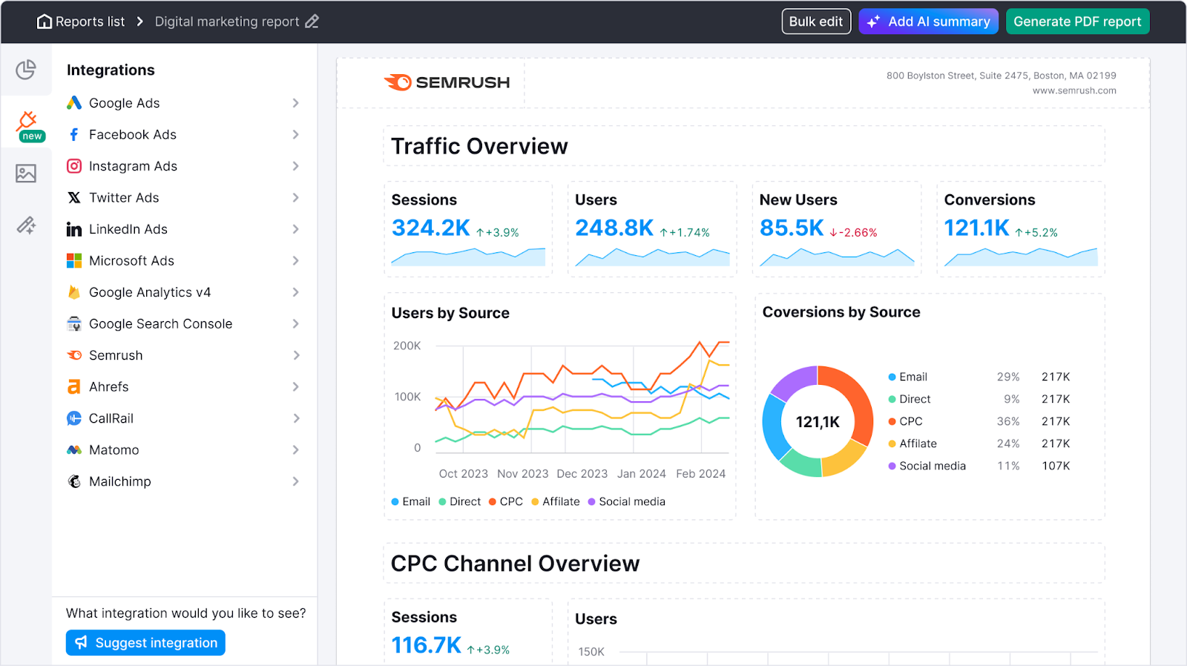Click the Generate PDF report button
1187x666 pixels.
pos(1077,22)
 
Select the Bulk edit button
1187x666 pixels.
pos(815,22)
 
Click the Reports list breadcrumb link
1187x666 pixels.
pos(81,22)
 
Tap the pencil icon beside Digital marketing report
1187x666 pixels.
pos(312,22)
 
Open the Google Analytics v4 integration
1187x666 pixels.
pos(150,292)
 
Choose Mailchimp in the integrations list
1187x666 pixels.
pos(119,481)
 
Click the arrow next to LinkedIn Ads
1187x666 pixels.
pos(295,229)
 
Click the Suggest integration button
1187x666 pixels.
pos(145,642)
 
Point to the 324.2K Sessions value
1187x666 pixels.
pos(430,228)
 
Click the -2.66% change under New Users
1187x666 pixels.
pos(854,233)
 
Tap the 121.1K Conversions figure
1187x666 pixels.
pos(976,228)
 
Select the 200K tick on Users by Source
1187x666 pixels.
pos(407,346)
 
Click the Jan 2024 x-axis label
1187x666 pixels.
pos(641,473)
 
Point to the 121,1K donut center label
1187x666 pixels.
pos(818,422)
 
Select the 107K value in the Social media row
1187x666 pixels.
pos(1055,466)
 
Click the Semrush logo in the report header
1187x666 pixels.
pos(447,82)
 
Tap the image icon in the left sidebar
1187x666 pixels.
pos(26,174)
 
